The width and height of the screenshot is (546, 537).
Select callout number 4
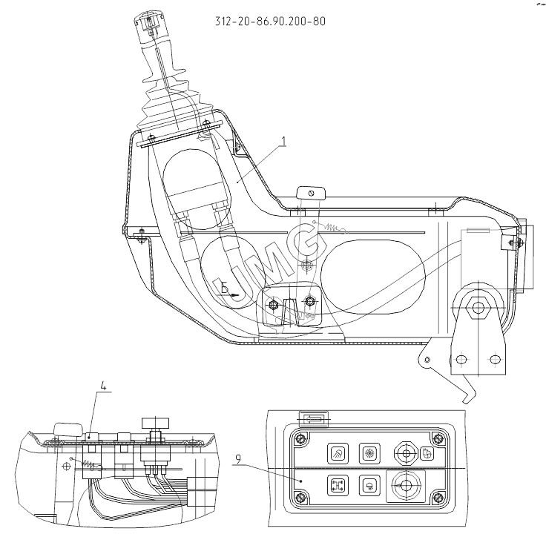coord(105,386)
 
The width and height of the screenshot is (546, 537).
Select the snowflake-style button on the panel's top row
coord(369,453)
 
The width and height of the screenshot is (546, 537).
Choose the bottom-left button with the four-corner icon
coord(337,487)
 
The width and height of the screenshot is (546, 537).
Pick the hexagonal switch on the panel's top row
coord(405,452)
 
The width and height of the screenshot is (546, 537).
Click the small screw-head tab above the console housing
coord(312,193)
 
